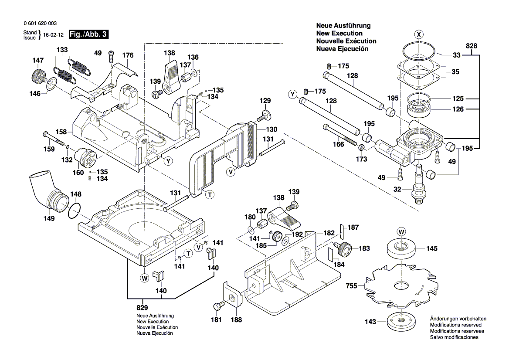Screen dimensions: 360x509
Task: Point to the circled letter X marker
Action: pyautogui.click(x=418, y=34)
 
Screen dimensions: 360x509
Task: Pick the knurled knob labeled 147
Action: pyautogui.click(x=36, y=77)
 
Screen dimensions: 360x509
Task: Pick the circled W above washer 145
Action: pyautogui.click(x=400, y=231)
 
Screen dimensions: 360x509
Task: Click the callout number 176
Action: pyautogui.click(x=128, y=55)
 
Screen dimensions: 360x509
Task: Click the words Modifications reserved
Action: pyautogui.click(x=455, y=325)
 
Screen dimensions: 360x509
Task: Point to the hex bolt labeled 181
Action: pyautogui.click(x=218, y=306)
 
